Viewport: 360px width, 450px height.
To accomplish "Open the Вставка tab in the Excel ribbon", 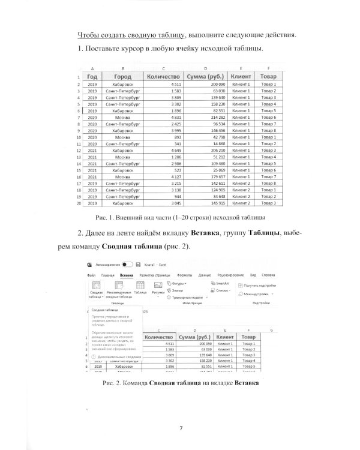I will (126, 274).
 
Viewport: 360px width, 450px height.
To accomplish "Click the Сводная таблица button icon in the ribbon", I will (95, 286).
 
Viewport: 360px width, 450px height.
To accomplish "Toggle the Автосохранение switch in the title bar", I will (127, 264).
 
